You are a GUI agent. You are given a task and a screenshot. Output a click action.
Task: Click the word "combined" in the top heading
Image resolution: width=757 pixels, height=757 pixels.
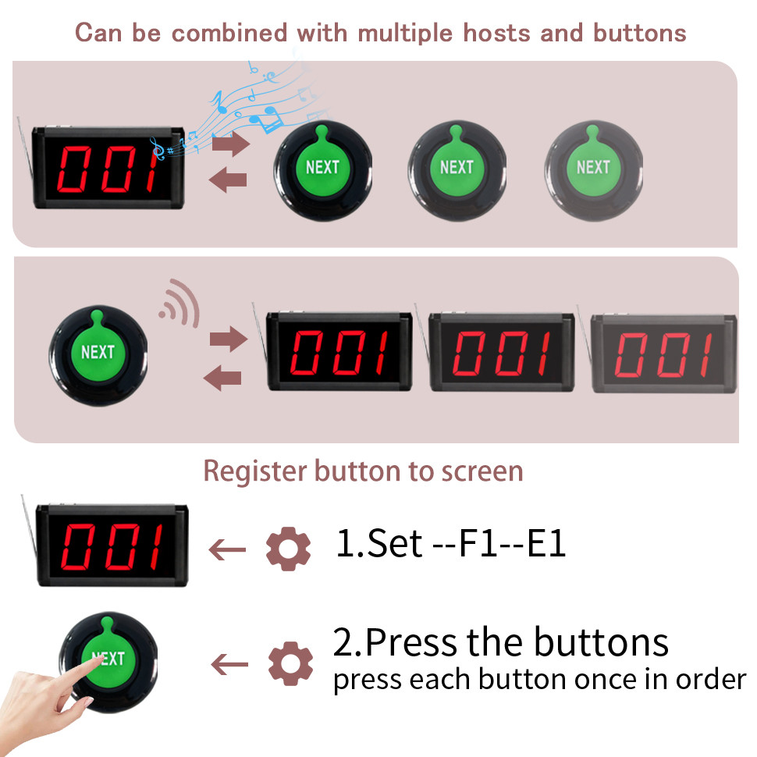pyautogui.click(x=229, y=34)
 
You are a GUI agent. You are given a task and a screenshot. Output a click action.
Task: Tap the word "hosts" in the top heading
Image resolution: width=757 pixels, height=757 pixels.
pyautogui.click(x=496, y=33)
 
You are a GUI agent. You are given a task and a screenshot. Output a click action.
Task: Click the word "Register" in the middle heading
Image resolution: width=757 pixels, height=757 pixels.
pyautogui.click(x=254, y=471)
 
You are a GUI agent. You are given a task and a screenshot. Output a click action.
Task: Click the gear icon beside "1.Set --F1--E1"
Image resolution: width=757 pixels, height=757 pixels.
pyautogui.click(x=288, y=549)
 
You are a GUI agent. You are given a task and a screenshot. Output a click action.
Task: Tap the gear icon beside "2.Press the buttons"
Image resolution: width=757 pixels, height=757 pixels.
pyautogui.click(x=290, y=663)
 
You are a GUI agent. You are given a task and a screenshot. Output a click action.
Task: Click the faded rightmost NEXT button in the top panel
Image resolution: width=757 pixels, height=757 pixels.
pyautogui.click(x=593, y=170)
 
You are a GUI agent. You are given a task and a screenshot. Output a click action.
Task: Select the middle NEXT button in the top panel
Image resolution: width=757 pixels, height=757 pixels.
pyautogui.click(x=457, y=170)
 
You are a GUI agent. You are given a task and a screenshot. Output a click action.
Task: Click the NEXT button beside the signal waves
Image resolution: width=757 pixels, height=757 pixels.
pyautogui.click(x=98, y=355)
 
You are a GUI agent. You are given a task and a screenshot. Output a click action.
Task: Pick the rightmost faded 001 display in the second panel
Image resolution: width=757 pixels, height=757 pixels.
pyautogui.click(x=664, y=353)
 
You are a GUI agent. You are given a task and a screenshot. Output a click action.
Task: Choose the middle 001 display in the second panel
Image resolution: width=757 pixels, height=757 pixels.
pyautogui.click(x=502, y=352)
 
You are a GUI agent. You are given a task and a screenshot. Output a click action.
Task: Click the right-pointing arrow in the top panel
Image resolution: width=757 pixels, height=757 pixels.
pyautogui.click(x=231, y=144)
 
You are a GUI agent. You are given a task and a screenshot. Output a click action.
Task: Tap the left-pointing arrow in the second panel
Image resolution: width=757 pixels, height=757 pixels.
pyautogui.click(x=222, y=378)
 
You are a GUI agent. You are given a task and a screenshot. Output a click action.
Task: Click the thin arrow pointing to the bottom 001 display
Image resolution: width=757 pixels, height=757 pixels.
pyautogui.click(x=227, y=549)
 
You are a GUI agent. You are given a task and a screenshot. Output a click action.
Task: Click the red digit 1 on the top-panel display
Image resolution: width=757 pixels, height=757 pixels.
pyautogui.click(x=154, y=169)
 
